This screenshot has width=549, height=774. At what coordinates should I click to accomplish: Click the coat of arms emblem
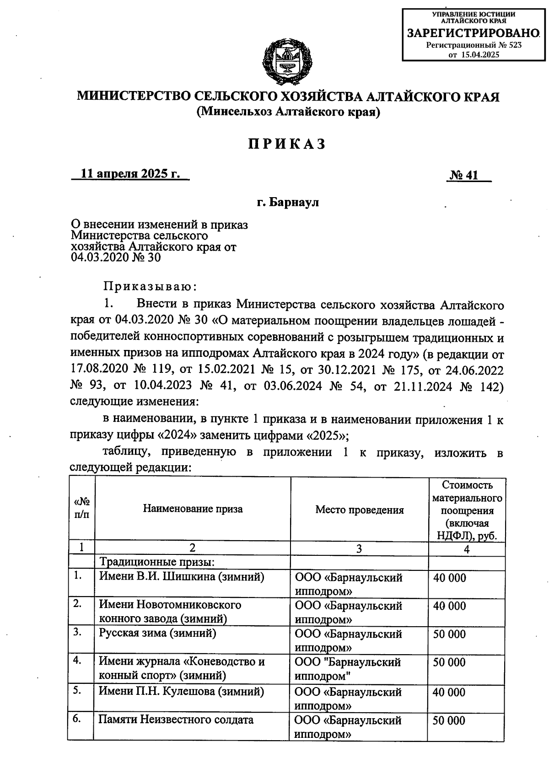click(x=288, y=60)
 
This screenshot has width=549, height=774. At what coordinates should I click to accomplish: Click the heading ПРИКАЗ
click(x=288, y=144)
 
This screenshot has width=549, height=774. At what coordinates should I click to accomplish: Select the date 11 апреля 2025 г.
click(x=130, y=174)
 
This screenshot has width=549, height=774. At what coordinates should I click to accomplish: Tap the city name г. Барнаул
click(x=288, y=202)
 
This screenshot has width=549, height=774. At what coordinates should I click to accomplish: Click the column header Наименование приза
click(x=193, y=509)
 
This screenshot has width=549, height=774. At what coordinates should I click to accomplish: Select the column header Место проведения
click(x=359, y=510)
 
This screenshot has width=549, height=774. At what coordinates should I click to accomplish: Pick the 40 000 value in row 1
click(x=450, y=578)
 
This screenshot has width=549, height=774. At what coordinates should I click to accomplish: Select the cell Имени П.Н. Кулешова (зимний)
click(x=182, y=691)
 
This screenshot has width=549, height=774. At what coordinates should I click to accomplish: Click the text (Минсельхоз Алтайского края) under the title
click(x=288, y=112)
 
